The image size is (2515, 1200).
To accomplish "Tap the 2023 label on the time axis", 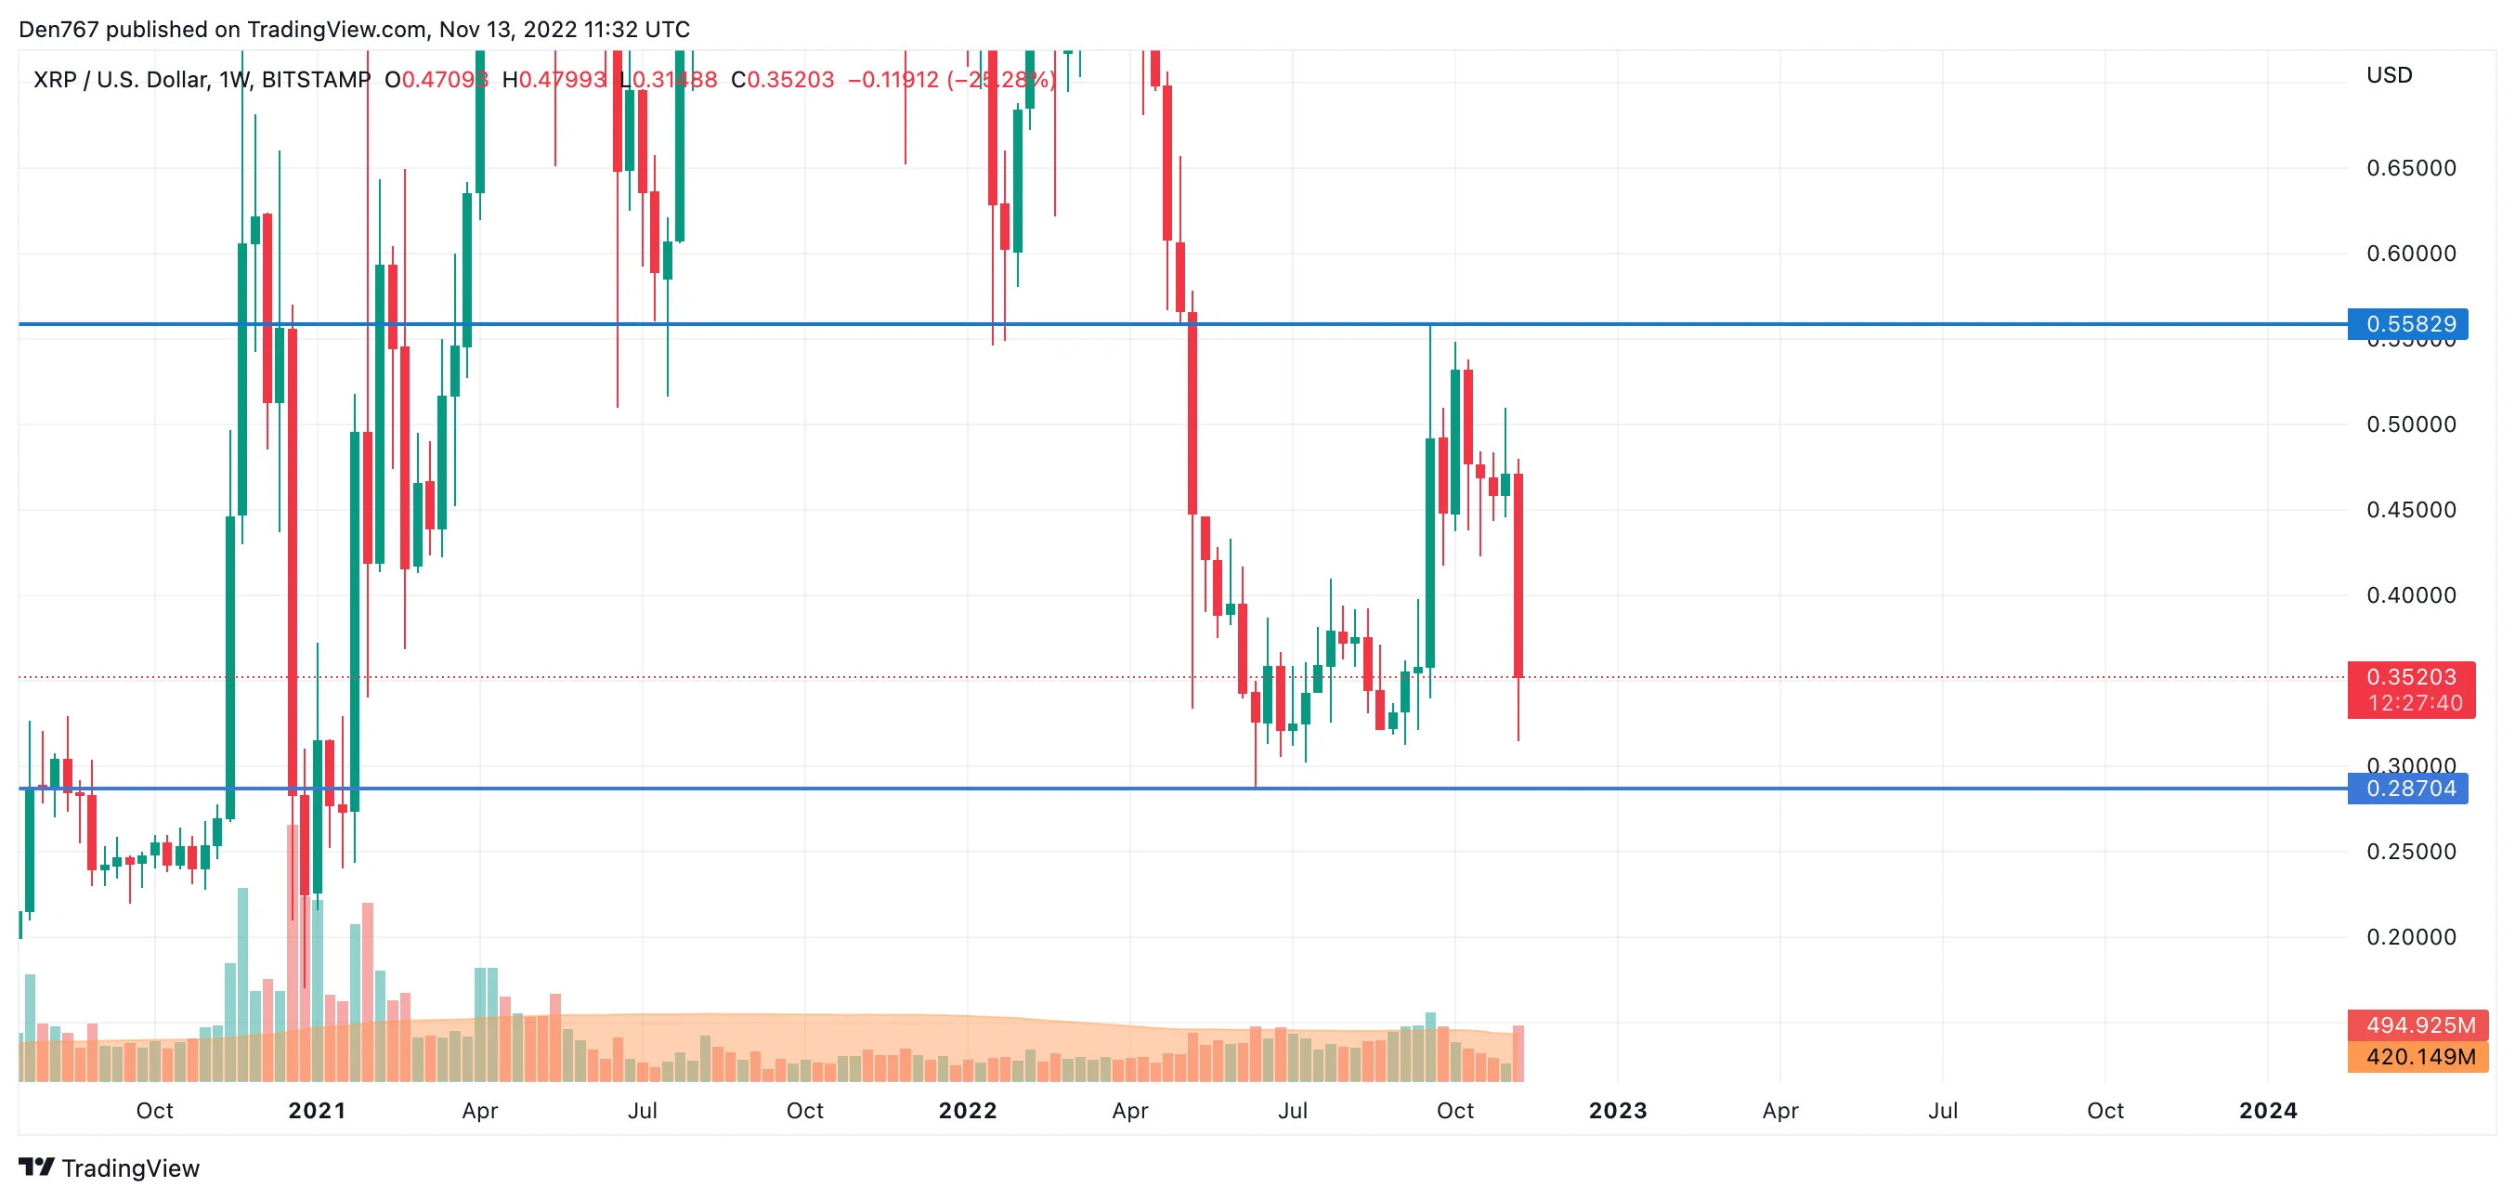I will (1617, 1111).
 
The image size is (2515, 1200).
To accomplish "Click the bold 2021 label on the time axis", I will (317, 1111).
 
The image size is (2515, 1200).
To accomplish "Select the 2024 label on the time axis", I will (2267, 1111).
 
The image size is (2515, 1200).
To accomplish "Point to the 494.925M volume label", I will (2420, 1025).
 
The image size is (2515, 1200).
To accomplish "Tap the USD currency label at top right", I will (2388, 75).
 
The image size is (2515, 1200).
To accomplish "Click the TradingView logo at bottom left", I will (110, 1168).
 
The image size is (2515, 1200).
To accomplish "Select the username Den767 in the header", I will (59, 30).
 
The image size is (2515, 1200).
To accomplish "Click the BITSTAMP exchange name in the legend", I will (316, 79).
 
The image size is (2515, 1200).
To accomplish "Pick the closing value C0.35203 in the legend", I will (782, 79).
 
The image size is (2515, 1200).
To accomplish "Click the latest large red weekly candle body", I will (1518, 576).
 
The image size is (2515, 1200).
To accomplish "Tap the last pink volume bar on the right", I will (1518, 1053).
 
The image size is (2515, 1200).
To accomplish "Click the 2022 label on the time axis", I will (967, 1111).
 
